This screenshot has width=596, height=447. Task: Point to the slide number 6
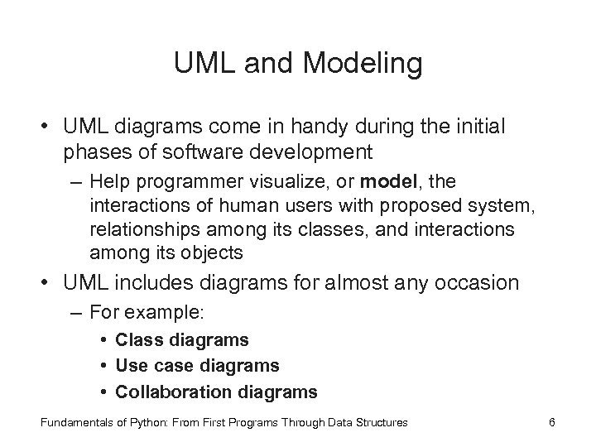(552, 422)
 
